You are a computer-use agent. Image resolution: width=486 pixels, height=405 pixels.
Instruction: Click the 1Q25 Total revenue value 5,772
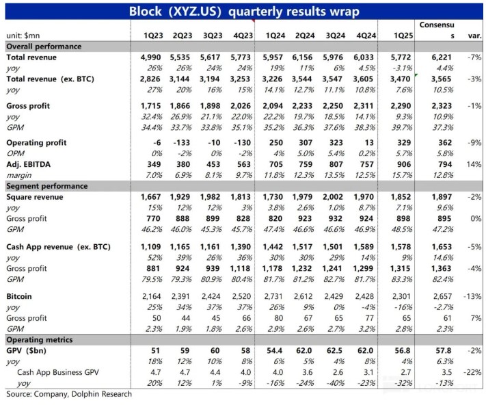click(x=401, y=57)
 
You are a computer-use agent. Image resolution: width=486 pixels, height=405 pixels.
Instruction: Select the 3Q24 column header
click(x=336, y=36)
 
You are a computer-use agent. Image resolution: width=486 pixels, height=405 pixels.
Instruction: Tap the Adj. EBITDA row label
click(x=29, y=164)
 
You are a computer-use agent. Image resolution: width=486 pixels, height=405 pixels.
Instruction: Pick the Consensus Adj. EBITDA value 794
click(x=445, y=164)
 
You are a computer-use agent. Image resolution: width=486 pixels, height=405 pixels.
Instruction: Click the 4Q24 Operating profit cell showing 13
click(x=369, y=143)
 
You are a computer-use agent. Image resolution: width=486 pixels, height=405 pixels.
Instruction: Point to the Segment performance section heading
click(x=47, y=186)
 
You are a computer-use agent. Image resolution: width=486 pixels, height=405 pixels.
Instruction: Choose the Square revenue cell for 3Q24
click(x=333, y=197)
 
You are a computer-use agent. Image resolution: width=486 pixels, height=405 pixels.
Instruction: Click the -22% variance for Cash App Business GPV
click(x=472, y=372)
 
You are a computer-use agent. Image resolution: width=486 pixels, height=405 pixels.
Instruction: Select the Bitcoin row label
click(x=19, y=296)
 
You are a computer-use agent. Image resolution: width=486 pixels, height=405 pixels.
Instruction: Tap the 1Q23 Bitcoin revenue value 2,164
click(x=151, y=296)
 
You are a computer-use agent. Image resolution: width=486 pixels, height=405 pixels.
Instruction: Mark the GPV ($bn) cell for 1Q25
click(x=403, y=351)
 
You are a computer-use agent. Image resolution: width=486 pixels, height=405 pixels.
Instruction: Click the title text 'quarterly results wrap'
click(x=293, y=12)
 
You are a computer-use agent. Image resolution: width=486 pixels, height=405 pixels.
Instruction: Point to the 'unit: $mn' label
click(x=23, y=36)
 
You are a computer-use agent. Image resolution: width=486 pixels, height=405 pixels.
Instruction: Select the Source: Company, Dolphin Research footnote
click(x=69, y=394)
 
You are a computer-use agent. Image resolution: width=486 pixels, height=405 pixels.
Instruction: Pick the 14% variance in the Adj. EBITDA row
click(x=474, y=164)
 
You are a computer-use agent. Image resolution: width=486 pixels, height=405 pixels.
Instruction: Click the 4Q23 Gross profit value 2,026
click(x=241, y=106)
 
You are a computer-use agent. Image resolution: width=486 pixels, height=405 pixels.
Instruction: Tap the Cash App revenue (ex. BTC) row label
click(x=58, y=247)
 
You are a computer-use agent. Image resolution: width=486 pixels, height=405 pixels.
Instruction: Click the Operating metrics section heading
click(x=40, y=340)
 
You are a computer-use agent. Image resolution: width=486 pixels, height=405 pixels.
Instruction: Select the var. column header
click(x=475, y=36)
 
